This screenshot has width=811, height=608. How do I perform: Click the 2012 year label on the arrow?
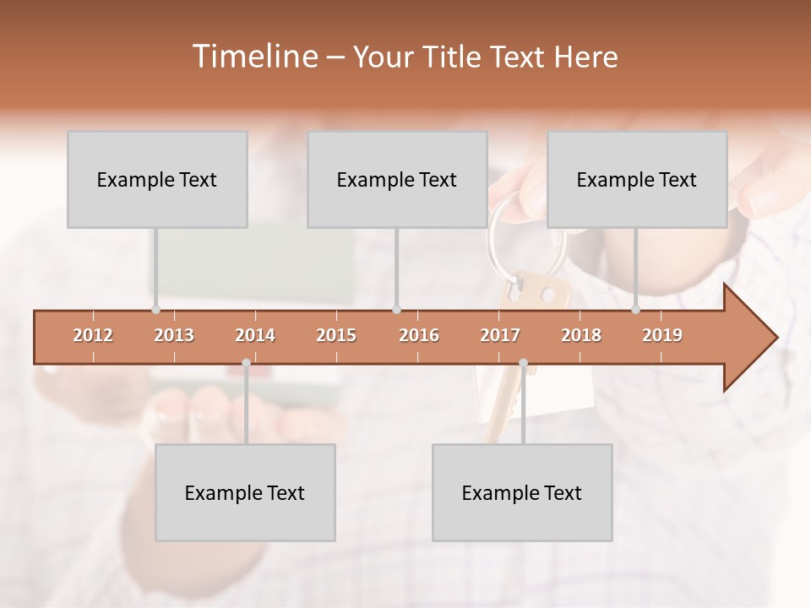pyautogui.click(x=93, y=335)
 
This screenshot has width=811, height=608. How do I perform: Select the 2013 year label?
pyautogui.click(x=174, y=335)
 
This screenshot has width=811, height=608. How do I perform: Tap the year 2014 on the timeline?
pyautogui.click(x=255, y=335)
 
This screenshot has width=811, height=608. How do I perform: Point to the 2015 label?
pyautogui.click(x=336, y=335)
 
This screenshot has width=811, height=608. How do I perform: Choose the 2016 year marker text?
pyautogui.click(x=419, y=335)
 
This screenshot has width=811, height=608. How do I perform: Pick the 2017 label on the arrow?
pyautogui.click(x=500, y=335)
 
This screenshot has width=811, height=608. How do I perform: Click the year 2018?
pyautogui.click(x=581, y=335)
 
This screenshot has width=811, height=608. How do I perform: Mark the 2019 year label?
pyautogui.click(x=662, y=335)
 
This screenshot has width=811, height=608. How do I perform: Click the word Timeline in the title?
pyautogui.click(x=253, y=57)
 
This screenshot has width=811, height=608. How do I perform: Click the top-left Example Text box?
pyautogui.click(x=157, y=180)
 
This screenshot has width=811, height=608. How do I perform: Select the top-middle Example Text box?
pyautogui.click(x=397, y=180)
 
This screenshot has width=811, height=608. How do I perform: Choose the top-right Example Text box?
pyautogui.click(x=637, y=180)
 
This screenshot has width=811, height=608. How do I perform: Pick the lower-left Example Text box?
pyautogui.click(x=245, y=492)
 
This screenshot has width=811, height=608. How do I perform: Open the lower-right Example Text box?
pyautogui.click(x=522, y=492)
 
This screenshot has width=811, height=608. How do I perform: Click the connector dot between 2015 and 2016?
pyautogui.click(x=397, y=310)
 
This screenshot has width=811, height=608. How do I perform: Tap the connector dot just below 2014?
pyautogui.click(x=246, y=363)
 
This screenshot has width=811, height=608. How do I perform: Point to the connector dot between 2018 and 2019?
pyautogui.click(x=636, y=310)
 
